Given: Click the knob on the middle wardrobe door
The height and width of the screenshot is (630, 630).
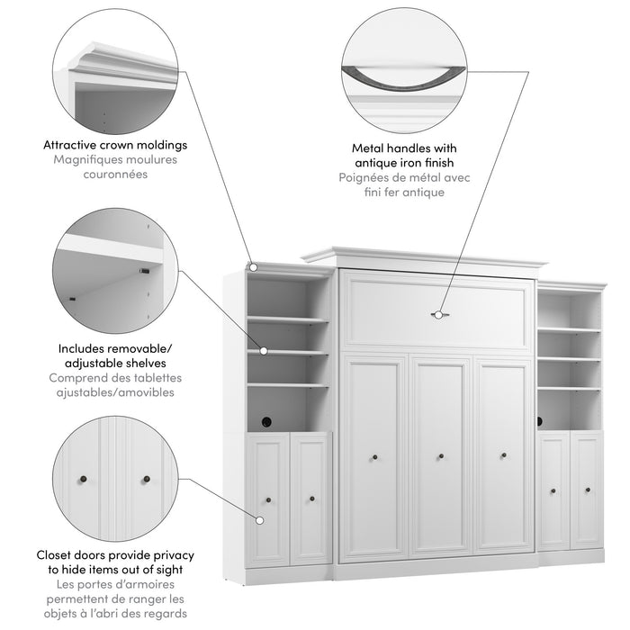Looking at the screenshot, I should tap(440, 456).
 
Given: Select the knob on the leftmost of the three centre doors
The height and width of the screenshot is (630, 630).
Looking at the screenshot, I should tap(373, 457).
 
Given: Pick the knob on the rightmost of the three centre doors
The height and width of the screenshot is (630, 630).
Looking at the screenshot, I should tap(502, 456).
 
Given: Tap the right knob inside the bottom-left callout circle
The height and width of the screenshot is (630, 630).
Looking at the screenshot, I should tap(144, 479).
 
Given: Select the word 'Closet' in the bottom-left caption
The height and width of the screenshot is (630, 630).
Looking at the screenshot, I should tap(56, 555).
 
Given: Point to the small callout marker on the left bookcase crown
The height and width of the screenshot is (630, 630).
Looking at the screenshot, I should tap(254, 266).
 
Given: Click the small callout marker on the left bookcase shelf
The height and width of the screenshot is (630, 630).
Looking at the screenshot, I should tap(265, 351).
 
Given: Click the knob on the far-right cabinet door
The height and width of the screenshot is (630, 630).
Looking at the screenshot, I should tap(587, 490).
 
